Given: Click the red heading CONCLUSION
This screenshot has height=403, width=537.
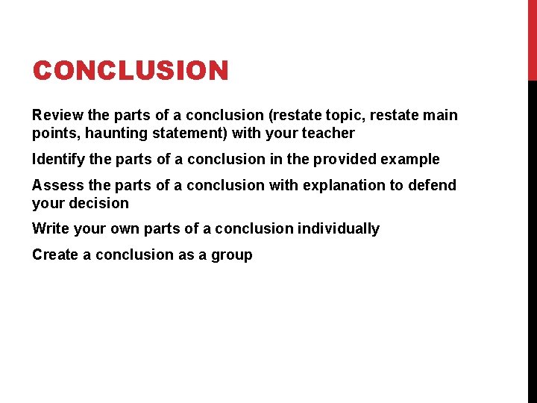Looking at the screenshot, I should point(131,72).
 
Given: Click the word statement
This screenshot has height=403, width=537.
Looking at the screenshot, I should point(188,134).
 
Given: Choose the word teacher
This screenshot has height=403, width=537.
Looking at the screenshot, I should point(327,134).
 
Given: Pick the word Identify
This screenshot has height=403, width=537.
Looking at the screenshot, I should point(58,159).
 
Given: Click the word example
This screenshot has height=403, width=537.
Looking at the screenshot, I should point(413,160).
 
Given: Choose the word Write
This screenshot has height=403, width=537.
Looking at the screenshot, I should point(49,228).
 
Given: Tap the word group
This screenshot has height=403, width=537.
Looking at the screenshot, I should point(233,255).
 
